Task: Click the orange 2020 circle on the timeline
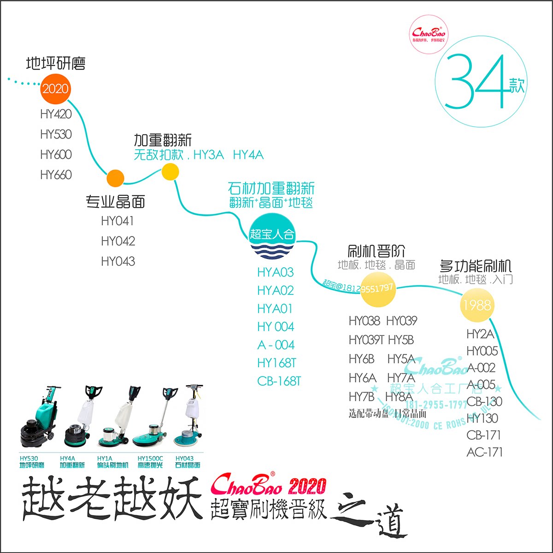55,88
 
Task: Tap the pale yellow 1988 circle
477,305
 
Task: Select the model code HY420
56,114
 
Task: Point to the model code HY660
56,175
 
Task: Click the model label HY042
118,241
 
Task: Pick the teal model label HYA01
275,309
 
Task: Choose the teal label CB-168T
279,381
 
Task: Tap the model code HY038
364,321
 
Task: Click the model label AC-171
484,452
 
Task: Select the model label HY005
482,351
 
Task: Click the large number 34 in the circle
477,82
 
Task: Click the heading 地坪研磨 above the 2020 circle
56,64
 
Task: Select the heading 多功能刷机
476,266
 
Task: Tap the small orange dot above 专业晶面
115,178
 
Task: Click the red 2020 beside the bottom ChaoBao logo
307,486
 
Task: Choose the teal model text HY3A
209,155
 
